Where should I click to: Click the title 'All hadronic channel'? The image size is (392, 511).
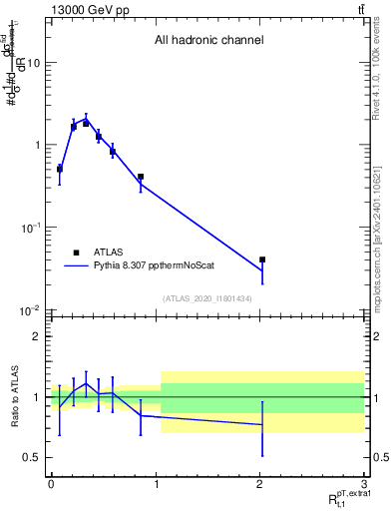208,41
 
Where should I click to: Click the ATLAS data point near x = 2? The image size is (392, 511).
262,259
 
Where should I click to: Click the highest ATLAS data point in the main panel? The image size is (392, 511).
86,123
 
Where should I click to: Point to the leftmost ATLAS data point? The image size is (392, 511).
60,169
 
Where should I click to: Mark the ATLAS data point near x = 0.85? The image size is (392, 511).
141,177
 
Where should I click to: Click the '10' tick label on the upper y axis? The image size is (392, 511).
33,63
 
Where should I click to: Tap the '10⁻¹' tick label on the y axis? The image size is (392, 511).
30,229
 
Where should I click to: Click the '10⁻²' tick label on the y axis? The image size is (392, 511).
30,311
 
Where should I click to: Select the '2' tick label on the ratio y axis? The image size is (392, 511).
37,336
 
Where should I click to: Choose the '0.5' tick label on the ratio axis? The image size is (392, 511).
32,457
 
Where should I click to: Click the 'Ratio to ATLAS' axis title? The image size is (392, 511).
13,396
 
